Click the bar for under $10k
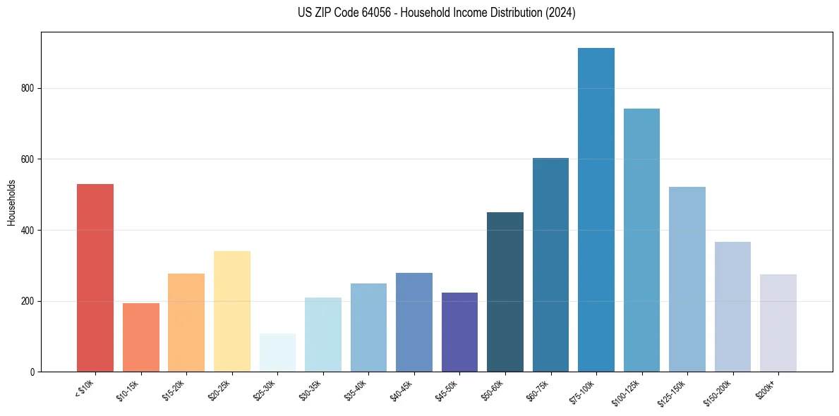tap(95, 278)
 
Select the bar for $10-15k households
tap(140, 337)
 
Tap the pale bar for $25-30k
tap(277, 353)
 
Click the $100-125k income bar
tap(641, 240)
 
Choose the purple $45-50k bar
tap(459, 332)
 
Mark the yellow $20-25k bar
tap(232, 311)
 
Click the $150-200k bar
tap(732, 307)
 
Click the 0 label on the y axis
tap(33, 372)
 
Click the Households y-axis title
tap(11, 202)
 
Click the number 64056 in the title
tap(365, 13)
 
